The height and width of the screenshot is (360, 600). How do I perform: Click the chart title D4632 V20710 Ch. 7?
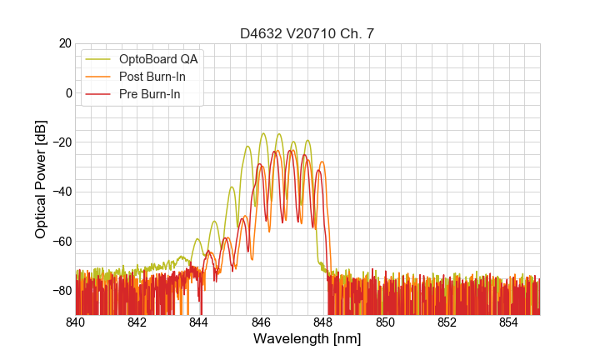click(307, 33)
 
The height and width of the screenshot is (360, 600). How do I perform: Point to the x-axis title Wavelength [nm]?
click(307, 339)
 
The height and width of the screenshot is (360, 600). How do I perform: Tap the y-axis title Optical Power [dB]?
click(40, 178)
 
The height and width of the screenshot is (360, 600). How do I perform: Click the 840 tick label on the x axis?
click(76, 322)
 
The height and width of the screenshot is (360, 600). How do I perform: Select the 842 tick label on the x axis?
click(137, 322)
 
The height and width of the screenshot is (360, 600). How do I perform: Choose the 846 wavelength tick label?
click(261, 322)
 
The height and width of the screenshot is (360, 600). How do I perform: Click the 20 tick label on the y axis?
click(64, 43)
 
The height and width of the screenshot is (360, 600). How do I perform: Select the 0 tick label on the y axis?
click(68, 92)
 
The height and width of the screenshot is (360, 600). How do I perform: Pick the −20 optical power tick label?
click(60, 142)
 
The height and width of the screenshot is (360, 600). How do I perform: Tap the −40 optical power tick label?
click(60, 192)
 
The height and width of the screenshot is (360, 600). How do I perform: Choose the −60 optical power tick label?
click(60, 241)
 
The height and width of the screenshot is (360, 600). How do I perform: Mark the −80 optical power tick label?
click(60, 291)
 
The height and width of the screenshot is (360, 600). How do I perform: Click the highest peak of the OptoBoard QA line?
click(263, 133)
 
